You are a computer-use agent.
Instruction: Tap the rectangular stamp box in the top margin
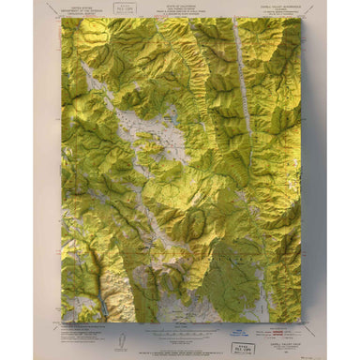122,8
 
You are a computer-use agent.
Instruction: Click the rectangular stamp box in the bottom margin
246,348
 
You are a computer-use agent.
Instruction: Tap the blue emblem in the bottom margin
239,330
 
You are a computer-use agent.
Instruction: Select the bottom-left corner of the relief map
62,322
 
